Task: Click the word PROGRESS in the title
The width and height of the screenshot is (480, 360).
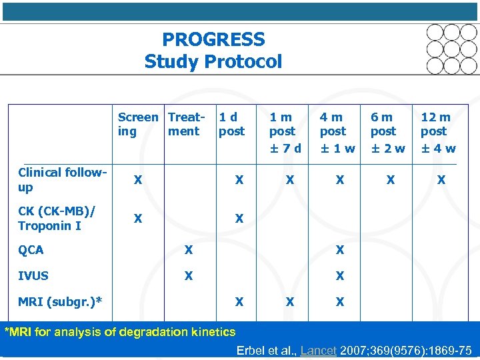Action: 213,40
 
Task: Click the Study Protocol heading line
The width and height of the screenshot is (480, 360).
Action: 213,62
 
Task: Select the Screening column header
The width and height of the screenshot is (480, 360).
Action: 138,124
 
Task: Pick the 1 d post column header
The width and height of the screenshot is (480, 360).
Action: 232,124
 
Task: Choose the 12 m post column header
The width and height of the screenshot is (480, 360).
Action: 436,124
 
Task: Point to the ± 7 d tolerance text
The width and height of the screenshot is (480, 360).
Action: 285,148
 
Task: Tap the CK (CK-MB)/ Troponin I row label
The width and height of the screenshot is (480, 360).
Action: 57,219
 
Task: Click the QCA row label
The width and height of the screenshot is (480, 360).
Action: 31,251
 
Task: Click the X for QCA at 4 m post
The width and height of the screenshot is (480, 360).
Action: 340,251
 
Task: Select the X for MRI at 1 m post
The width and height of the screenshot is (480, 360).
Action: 289,302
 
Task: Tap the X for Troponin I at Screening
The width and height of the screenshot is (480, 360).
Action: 137,219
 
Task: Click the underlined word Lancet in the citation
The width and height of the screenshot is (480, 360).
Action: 318,351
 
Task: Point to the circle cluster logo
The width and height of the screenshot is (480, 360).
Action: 452,49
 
